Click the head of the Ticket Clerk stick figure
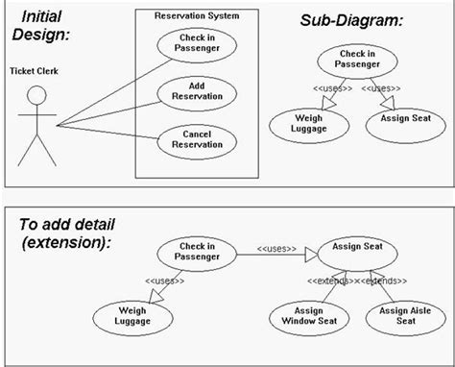pos(36,96)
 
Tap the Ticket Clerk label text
pos(36,70)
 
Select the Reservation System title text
pos(197,15)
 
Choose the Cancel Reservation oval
pos(197,139)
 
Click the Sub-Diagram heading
pos(352,20)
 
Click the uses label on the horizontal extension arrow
pos(276,250)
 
